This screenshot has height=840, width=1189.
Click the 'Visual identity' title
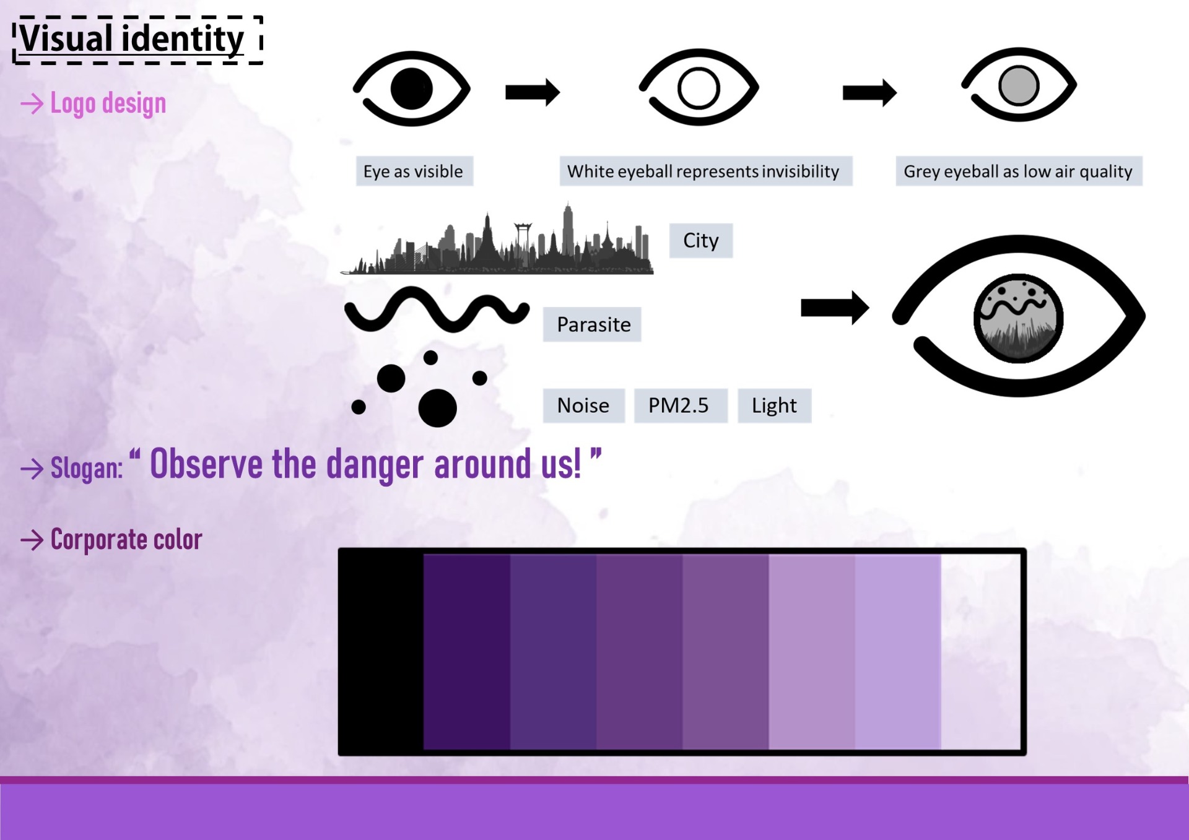click(132, 38)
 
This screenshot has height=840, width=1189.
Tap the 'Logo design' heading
click(108, 103)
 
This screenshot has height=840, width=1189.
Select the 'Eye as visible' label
click(414, 171)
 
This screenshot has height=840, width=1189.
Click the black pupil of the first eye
click(411, 89)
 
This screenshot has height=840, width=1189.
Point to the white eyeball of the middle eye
click(699, 88)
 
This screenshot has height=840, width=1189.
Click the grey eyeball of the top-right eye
click(1019, 85)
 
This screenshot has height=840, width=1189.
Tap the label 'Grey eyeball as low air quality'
click(1018, 171)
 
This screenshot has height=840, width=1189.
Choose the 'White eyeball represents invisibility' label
click(705, 171)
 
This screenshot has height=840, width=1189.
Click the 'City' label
click(701, 240)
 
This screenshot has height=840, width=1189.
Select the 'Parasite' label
click(593, 324)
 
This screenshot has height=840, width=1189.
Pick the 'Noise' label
click(583, 405)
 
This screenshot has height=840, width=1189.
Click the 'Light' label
click(774, 405)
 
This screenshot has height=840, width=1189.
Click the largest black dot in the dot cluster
click(437, 408)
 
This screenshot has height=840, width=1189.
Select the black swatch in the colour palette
click(381, 651)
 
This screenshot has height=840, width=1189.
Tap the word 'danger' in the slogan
click(376, 465)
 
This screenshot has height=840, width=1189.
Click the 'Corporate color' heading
click(126, 540)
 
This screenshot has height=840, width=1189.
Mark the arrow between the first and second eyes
click(533, 92)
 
